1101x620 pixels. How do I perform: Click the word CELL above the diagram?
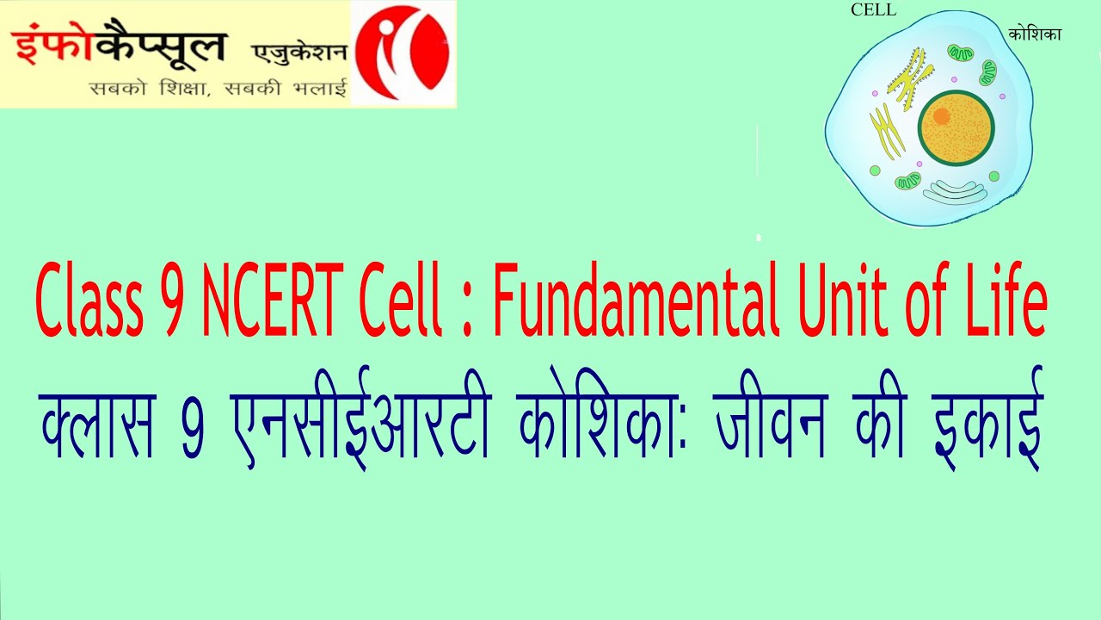873,10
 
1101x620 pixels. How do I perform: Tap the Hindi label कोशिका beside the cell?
1036,34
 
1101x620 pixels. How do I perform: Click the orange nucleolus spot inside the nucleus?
941,115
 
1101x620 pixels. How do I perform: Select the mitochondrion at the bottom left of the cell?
907,182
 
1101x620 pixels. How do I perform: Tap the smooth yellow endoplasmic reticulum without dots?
886,129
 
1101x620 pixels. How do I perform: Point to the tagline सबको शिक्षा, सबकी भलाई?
218,88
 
